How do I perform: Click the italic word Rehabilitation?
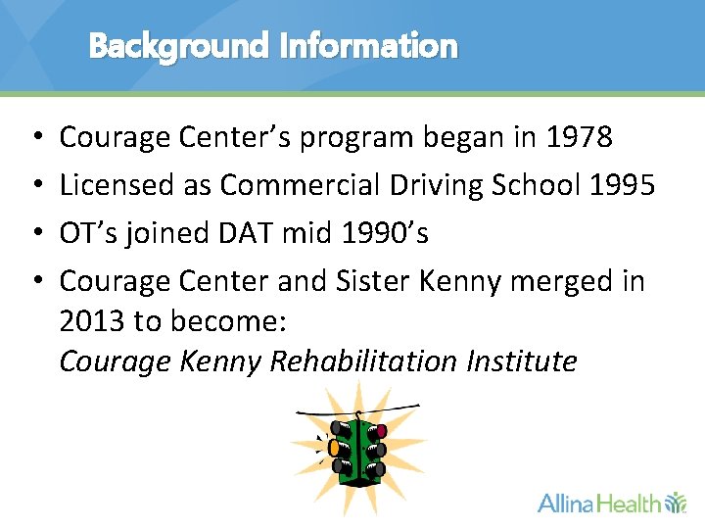[x=362, y=362]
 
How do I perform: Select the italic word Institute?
[x=521, y=362]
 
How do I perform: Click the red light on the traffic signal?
[x=381, y=431]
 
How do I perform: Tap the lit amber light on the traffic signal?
[x=334, y=447]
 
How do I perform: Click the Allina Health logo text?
[x=599, y=504]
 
